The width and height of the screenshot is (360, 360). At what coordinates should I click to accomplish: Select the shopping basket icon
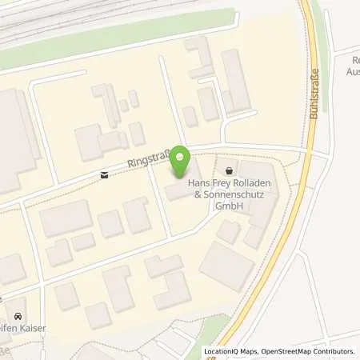pyautogui.click(x=231, y=170)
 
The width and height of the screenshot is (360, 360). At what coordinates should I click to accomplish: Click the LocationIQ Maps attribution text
pyautogui.click(x=234, y=351)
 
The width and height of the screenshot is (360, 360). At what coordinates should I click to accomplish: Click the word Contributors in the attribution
pyautogui.click(x=332, y=351)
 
